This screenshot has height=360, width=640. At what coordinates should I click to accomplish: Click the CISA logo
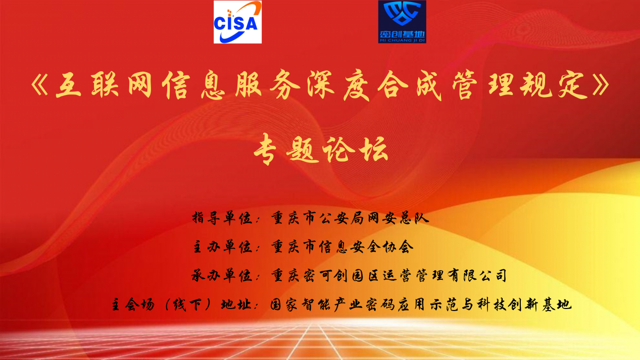coord(237,22)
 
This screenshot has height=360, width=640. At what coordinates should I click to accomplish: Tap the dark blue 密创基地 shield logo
coord(402,22)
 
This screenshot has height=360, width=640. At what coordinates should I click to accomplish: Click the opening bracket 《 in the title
coord(40,85)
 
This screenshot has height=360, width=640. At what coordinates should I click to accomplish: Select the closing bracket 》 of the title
coord(601,85)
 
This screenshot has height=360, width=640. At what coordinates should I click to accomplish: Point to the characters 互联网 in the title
coord(104,85)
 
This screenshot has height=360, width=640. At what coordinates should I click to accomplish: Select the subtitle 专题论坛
coord(321,149)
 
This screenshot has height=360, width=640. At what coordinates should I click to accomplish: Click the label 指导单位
coord(222,218)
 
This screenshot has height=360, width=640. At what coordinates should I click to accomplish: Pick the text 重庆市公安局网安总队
coord(350,218)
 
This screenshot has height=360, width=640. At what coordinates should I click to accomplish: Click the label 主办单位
coord(222,247)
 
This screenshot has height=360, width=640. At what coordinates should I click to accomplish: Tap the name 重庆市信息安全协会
coord(342,247)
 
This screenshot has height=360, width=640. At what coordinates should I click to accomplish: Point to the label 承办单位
coord(222,276)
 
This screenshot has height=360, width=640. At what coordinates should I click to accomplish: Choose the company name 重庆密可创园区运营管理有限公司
coord(389,276)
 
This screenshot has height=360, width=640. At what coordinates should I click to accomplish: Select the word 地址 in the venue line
coord(236,304)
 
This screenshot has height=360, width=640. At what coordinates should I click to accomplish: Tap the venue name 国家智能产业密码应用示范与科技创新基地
coord(421,304)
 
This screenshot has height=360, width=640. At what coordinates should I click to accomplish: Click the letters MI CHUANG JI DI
coord(402,40)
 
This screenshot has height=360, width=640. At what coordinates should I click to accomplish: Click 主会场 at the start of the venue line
coord(133,304)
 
